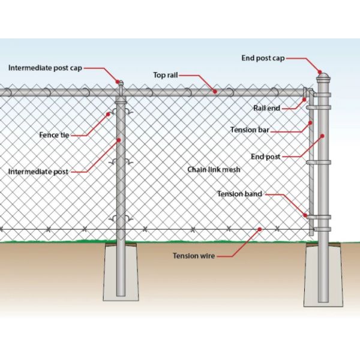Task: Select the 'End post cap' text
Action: click(x=263, y=58)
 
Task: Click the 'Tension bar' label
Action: click(x=249, y=130)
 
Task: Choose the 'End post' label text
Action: click(x=265, y=157)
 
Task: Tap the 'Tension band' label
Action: click(x=239, y=194)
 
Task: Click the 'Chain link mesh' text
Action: click(x=214, y=170)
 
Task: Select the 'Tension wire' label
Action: click(x=194, y=256)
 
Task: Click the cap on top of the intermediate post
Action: click(x=121, y=85)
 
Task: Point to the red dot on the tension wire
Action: click(x=259, y=229)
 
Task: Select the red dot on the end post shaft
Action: click(x=323, y=136)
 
